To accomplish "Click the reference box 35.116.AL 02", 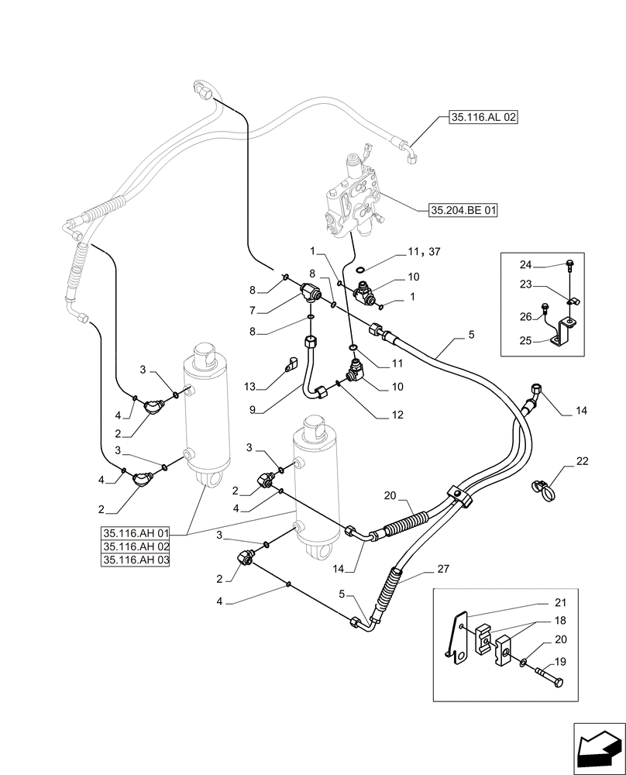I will coord(483,119).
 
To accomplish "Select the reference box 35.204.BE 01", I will coord(463,210).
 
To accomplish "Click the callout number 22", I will coord(582,462).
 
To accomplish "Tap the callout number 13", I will coord(249,385).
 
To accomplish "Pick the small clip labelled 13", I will coord(293,363).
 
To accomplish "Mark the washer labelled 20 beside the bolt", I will coord(525,661).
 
